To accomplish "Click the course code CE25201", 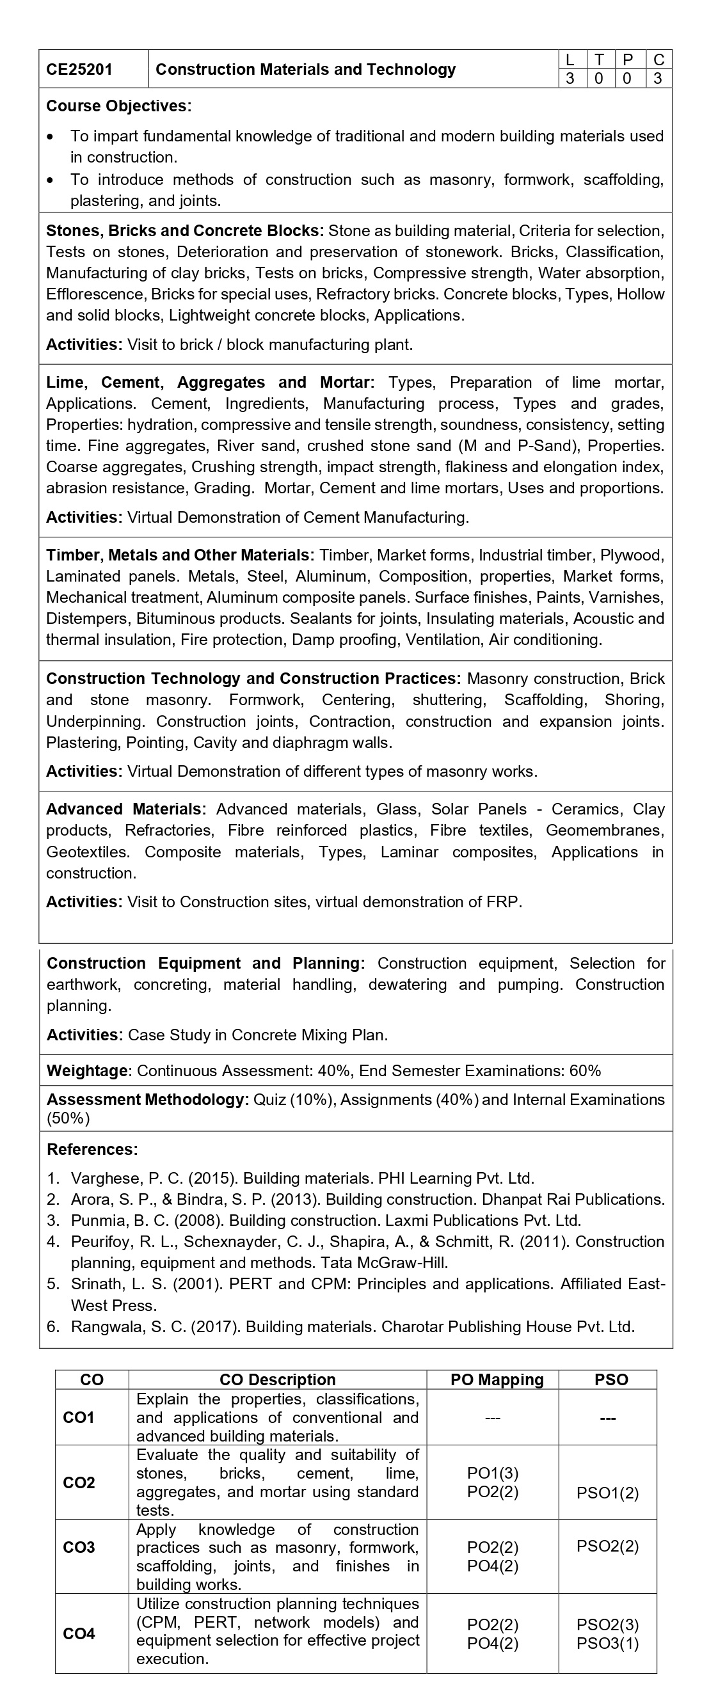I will click(x=79, y=69).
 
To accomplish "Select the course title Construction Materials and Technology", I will click(x=305, y=69).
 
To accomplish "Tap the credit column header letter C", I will click(x=658, y=60).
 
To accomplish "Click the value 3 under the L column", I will click(x=570, y=79).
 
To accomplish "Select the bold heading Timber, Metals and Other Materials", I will click(x=177, y=555).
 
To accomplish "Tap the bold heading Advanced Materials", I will click(x=125, y=809).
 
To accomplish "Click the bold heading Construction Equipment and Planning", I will click(x=205, y=963).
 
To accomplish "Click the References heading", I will click(x=92, y=1149).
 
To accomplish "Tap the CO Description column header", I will click(x=277, y=1379).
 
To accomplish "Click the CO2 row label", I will click(x=79, y=1482).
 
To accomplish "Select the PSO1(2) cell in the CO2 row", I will click(x=607, y=1493).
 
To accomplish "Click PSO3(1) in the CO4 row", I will click(x=607, y=1643).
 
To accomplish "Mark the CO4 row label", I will click(x=79, y=1633).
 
